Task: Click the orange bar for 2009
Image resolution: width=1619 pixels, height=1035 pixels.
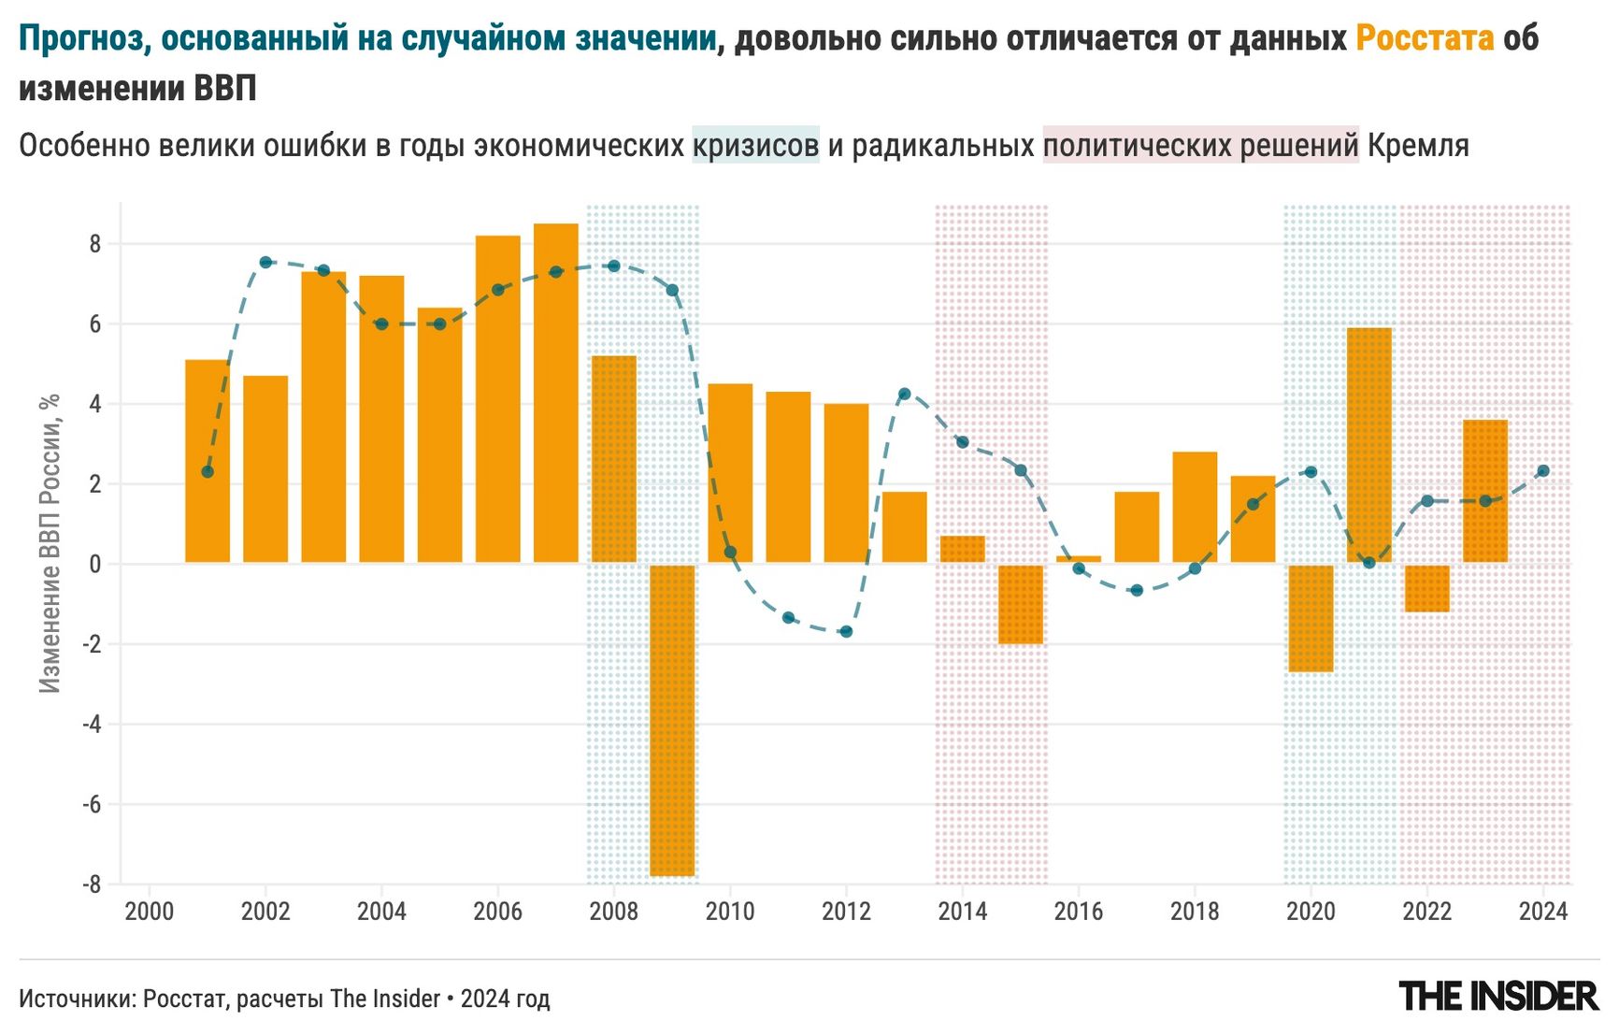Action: click(x=672, y=720)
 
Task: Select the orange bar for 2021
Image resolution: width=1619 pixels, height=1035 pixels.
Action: click(x=1368, y=445)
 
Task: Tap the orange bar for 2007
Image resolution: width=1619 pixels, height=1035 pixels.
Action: click(x=556, y=393)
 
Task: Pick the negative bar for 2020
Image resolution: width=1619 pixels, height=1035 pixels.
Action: click(x=1311, y=618)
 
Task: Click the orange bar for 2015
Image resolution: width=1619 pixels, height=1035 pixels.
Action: click(x=1021, y=604)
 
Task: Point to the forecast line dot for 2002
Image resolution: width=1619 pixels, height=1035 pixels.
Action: click(x=265, y=263)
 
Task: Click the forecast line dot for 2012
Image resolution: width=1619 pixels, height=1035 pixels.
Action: click(x=846, y=632)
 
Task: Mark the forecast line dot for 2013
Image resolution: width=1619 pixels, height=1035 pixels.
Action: click(x=904, y=394)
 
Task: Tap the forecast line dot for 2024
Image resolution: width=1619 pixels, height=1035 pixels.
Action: click(x=1543, y=471)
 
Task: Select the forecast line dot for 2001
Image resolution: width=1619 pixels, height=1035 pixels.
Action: click(x=208, y=472)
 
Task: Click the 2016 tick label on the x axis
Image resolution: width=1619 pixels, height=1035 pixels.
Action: click(x=1079, y=912)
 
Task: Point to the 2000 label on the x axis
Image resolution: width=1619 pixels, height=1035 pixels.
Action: click(x=150, y=912)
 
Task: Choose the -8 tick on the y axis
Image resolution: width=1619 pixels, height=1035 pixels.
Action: click(x=92, y=884)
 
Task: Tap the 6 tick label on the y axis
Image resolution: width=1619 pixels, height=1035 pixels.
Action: click(x=95, y=324)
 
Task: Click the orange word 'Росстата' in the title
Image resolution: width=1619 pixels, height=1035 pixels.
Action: click(x=1425, y=39)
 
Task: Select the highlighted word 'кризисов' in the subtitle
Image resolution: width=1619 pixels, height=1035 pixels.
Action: click(x=755, y=146)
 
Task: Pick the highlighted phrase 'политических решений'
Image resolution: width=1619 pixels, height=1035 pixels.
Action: click(x=1200, y=146)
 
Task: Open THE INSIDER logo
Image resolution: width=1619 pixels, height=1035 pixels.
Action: click(x=1498, y=997)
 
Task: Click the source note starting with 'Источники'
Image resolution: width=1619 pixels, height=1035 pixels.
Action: click(x=284, y=999)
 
